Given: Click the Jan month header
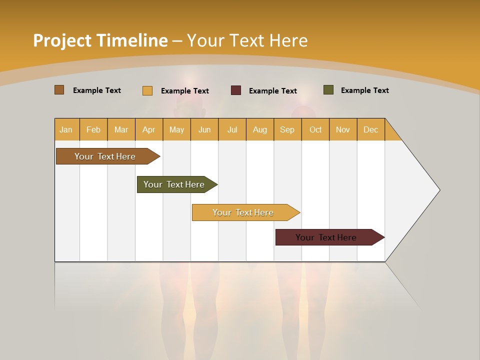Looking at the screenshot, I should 66,129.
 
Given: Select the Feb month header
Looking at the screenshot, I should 93,129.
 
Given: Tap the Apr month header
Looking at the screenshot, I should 148,129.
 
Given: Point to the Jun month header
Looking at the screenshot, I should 204,129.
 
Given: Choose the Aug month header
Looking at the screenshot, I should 259,129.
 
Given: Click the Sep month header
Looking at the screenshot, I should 287,129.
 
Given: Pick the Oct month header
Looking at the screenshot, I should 315,129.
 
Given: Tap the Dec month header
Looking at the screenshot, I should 370,129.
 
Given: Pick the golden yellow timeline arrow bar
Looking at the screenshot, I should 244,212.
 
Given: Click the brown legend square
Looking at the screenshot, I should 59,90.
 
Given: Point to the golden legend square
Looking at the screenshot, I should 147,90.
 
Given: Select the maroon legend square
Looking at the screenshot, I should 236,90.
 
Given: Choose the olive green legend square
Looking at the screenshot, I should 328,90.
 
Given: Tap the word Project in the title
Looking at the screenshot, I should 62,40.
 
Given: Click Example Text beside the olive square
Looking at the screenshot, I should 364,90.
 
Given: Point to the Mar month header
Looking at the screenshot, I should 121,129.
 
